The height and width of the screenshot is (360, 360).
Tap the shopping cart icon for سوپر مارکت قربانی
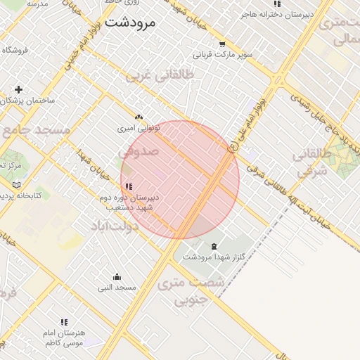(222, 44)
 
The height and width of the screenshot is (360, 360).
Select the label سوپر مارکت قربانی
(222, 54)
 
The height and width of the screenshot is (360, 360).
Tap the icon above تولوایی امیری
(139, 117)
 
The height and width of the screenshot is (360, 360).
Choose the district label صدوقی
(138, 151)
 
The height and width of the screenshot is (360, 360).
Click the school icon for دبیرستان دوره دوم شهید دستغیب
(128, 186)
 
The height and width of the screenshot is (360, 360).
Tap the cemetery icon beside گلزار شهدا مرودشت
(213, 245)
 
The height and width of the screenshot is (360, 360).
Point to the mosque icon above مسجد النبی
(117, 276)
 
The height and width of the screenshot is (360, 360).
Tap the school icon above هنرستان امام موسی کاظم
(64, 322)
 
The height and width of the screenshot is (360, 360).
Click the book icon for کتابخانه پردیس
(18, 184)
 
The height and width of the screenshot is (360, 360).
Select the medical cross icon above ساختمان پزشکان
(18, 89)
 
